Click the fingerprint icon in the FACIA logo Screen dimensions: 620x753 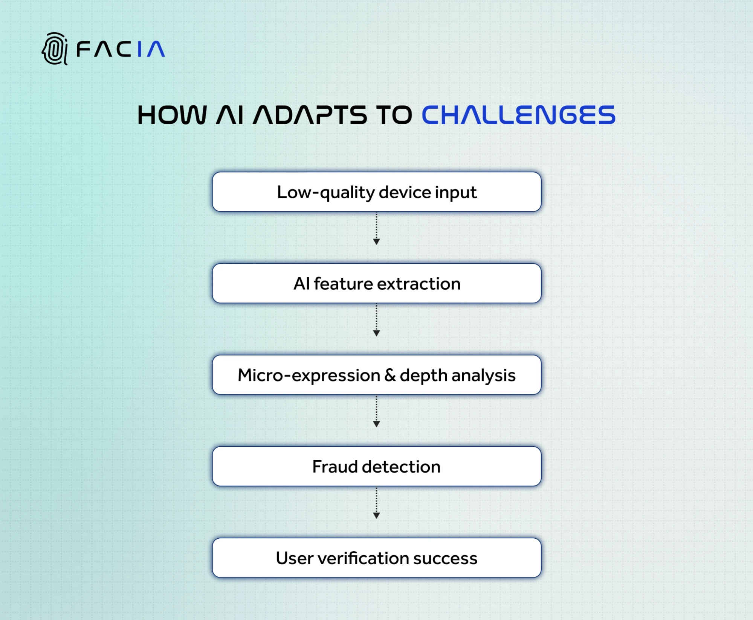click(x=55, y=49)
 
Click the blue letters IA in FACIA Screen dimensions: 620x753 click(x=151, y=49)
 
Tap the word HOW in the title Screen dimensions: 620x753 click(x=172, y=115)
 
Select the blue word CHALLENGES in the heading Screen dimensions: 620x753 click(x=518, y=115)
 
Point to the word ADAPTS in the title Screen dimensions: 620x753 click(x=310, y=115)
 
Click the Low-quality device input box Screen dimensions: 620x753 click(x=376, y=192)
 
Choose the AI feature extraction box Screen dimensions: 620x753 click(x=376, y=284)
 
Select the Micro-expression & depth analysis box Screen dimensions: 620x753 click(x=376, y=375)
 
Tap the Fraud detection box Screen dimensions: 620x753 click(x=376, y=467)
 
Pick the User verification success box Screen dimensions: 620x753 click(x=376, y=558)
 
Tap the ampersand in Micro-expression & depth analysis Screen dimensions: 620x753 click(x=390, y=375)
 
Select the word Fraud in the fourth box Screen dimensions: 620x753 click(x=334, y=467)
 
